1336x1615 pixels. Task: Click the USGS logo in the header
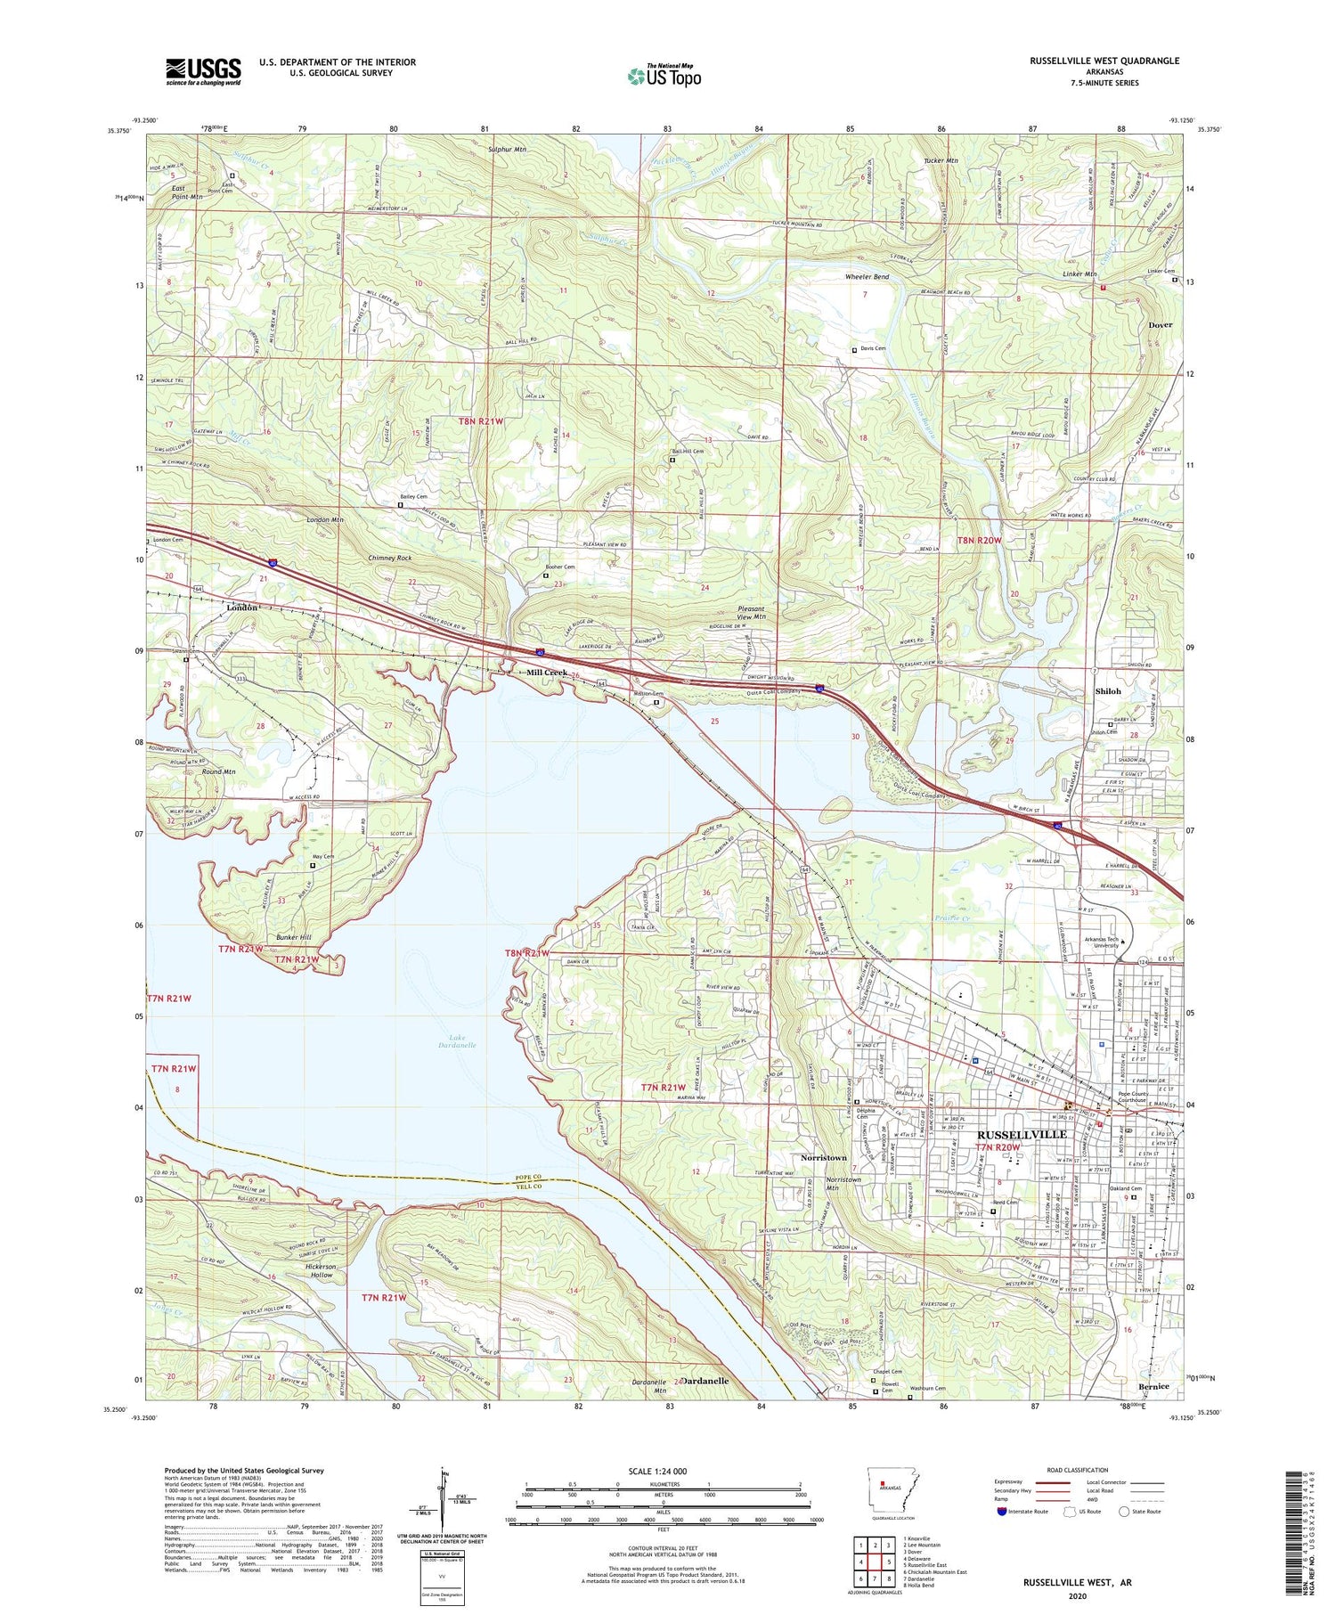pyautogui.click(x=203, y=71)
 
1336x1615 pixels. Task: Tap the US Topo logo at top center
pyautogui.click(x=664, y=76)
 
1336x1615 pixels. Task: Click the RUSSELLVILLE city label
pyautogui.click(x=1022, y=1134)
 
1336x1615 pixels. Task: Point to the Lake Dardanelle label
pyautogui.click(x=457, y=1040)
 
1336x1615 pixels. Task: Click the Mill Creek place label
pyautogui.click(x=546, y=673)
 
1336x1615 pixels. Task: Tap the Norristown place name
pyautogui.click(x=823, y=1157)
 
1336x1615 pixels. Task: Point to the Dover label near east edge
pyautogui.click(x=1160, y=325)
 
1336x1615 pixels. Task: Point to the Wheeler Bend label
pyautogui.click(x=867, y=277)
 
